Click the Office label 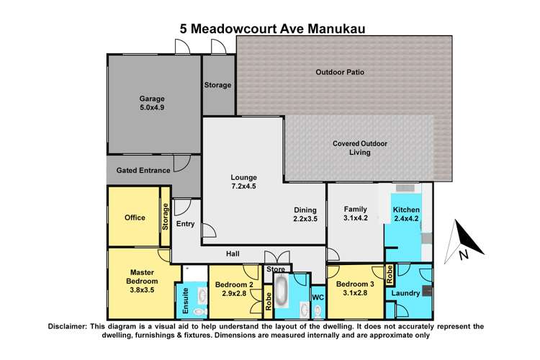[x=135, y=217]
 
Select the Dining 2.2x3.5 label [x=306, y=214]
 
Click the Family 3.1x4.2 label [x=355, y=214]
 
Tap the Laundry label [x=405, y=294]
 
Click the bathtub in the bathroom [x=281, y=296]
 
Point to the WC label [x=317, y=296]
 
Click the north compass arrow [x=459, y=241]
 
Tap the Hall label [x=233, y=254]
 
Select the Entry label [x=185, y=224]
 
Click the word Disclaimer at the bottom [x=76, y=326]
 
